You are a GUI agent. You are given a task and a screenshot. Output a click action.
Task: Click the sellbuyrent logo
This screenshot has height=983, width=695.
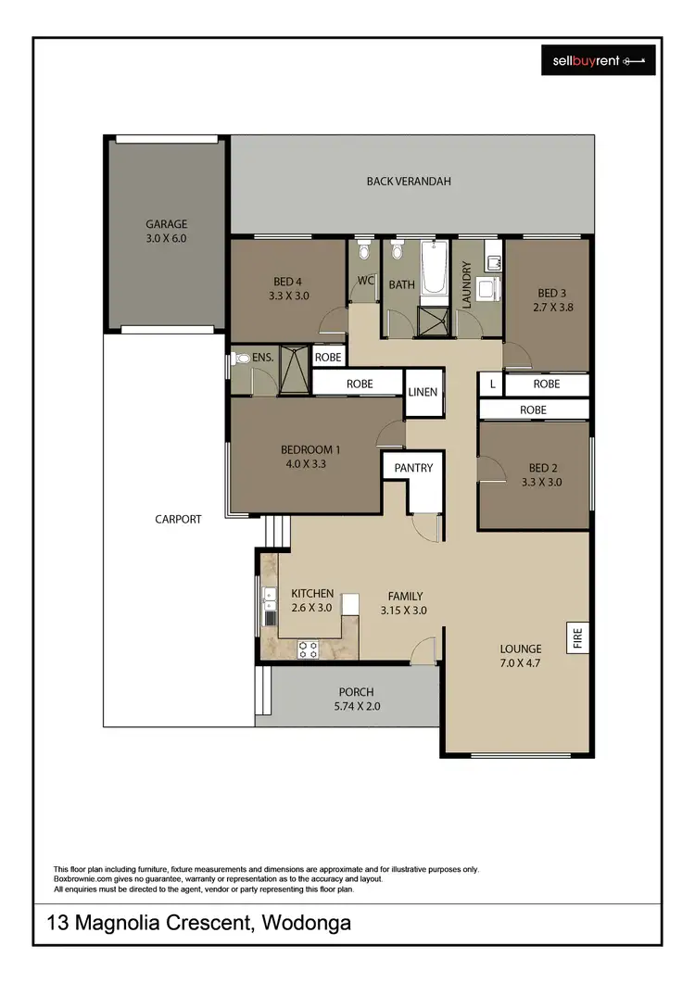point(598,61)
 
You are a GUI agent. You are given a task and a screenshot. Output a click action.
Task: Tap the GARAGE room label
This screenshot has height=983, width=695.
point(166,224)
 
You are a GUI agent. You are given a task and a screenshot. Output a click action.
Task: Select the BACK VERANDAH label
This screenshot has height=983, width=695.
point(409,182)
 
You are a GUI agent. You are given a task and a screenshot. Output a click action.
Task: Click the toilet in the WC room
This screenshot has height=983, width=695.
point(364,251)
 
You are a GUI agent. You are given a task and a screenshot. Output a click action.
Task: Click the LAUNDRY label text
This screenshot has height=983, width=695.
point(468,284)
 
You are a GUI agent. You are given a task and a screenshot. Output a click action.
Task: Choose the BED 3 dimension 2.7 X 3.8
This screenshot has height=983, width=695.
point(548,307)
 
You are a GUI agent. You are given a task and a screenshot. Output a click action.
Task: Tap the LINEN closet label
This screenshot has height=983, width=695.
point(423,392)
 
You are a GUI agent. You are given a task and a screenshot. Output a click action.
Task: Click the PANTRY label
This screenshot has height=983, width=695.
point(413,468)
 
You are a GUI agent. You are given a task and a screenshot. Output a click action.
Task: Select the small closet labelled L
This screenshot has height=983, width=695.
point(492,383)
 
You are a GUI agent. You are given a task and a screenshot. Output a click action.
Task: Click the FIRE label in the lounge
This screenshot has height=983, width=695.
point(576,638)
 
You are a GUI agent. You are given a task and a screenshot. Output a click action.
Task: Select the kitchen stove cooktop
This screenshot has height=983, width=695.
point(309,649)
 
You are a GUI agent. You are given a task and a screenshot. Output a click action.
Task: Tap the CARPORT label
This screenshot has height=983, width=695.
point(178,520)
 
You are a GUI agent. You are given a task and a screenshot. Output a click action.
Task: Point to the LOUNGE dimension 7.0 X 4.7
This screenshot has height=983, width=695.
point(520,663)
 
